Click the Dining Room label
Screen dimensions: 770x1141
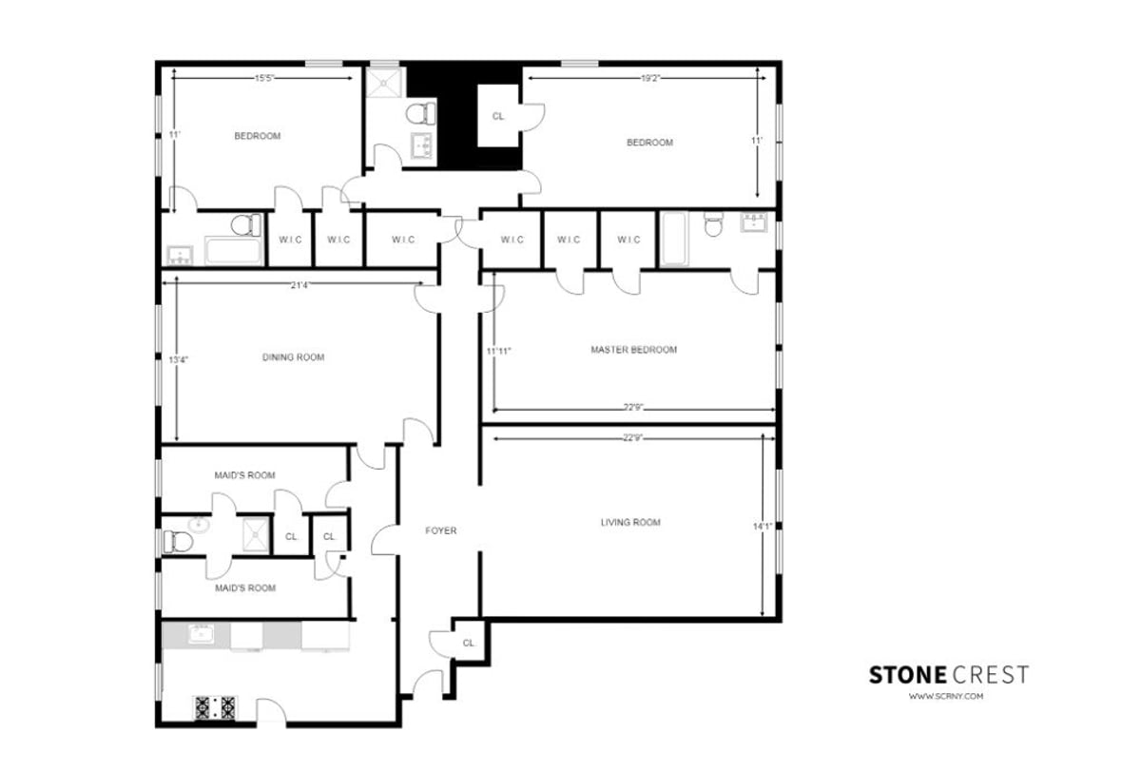293,357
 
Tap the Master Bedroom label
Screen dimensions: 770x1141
634,350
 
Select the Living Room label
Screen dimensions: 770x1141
630,522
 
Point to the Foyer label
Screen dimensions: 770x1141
440,530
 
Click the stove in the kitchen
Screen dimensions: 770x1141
215,706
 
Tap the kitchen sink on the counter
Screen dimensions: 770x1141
202,634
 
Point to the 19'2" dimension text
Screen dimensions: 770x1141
650,79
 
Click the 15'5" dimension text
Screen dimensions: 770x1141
265,79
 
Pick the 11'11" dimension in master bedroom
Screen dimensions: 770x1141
499,351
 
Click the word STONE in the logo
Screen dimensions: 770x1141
907,675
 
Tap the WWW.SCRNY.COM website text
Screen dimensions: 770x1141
945,697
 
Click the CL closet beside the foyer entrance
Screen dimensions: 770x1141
468,643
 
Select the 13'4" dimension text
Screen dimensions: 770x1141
178,360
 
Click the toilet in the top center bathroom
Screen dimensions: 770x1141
419,114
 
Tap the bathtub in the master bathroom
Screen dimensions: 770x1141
674,239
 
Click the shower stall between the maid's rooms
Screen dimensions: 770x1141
254,534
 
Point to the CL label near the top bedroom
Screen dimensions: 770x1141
498,116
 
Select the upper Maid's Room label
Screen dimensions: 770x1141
245,475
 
